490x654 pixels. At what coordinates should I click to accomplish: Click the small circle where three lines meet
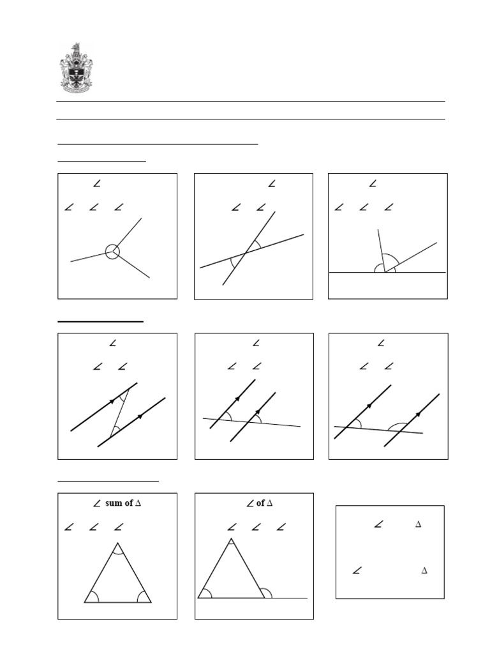[112, 252]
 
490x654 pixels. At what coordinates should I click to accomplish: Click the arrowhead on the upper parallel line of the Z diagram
[112, 401]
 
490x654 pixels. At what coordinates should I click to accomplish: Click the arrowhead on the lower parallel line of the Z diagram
[140, 416]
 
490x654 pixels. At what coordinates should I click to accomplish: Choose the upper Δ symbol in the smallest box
[419, 524]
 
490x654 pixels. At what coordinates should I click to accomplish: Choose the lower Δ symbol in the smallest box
[424, 570]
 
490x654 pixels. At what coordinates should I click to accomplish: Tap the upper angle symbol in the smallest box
[378, 525]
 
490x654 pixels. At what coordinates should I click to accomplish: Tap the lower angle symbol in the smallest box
[357, 570]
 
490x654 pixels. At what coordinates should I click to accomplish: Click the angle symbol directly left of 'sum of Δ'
[98, 503]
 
